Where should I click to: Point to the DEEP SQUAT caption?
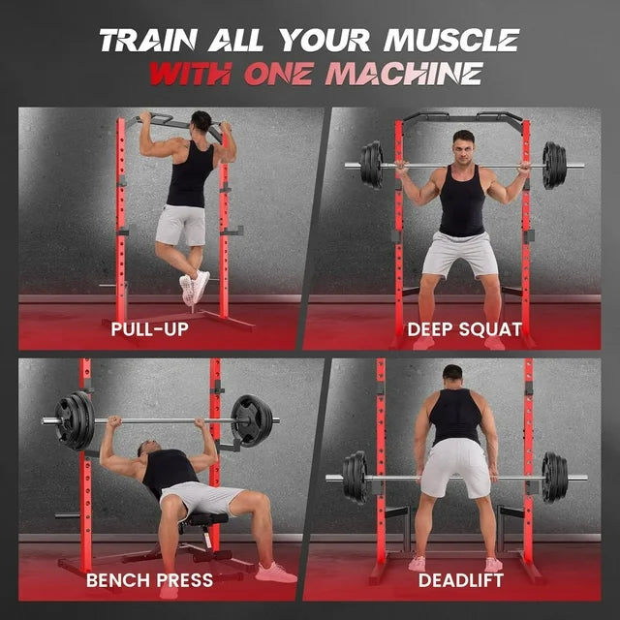tap(464, 329)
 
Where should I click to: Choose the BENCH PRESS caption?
tap(149, 580)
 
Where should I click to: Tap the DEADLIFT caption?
tap(462, 580)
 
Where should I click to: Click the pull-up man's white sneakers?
tap(194, 288)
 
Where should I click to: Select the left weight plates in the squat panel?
tap(372, 165)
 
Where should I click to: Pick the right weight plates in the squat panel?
tap(553, 165)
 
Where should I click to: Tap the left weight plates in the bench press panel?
tap(75, 420)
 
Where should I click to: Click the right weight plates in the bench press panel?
tap(252, 420)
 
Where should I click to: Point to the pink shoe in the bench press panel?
tap(275, 572)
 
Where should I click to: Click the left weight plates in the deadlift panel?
tap(356, 477)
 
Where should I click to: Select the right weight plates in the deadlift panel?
tap(554, 477)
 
